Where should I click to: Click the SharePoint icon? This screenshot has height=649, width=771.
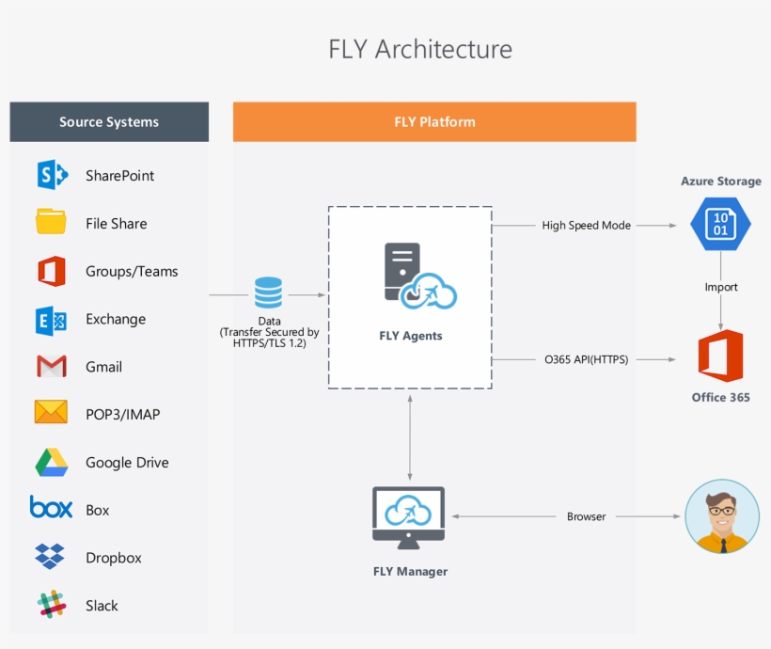click(52, 175)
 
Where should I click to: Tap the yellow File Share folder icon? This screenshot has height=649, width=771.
click(52, 223)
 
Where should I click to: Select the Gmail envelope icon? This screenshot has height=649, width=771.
click(52, 366)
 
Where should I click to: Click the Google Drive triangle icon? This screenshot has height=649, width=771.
click(52, 462)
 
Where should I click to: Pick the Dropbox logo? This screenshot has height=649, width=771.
click(51, 557)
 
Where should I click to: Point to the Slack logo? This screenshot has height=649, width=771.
click(52, 605)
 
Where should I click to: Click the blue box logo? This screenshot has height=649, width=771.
click(51, 508)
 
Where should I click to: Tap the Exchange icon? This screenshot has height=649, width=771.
click(52, 319)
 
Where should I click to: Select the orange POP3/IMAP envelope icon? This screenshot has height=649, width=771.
click(52, 413)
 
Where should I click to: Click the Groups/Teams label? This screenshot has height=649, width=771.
click(132, 271)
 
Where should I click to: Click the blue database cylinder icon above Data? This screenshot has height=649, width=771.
click(269, 292)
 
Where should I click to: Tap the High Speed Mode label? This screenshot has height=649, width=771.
click(586, 226)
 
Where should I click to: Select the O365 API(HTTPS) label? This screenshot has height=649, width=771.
click(587, 359)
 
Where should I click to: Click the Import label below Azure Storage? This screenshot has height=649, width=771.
click(721, 287)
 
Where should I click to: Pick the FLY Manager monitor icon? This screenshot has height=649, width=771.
click(409, 517)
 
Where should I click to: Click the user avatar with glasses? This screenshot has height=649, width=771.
click(722, 515)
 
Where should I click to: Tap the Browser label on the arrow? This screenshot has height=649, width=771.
click(587, 516)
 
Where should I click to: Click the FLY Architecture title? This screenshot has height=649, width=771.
click(420, 49)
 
